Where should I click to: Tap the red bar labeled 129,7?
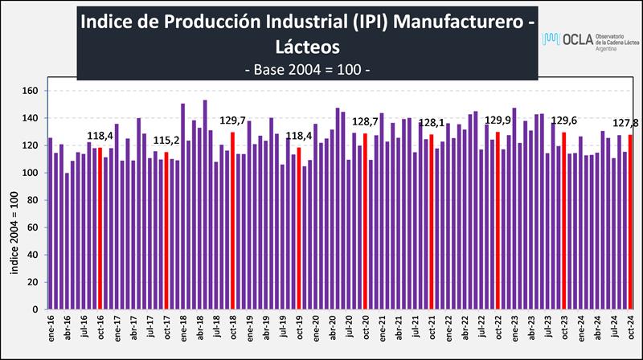(x=232, y=220)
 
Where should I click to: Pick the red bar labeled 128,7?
(x=365, y=221)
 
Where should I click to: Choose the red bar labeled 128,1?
(x=432, y=221)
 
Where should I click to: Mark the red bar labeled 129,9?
(x=498, y=220)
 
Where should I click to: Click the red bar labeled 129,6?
(x=564, y=220)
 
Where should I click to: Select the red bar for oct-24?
(x=630, y=222)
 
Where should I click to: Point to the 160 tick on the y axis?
(x=31, y=91)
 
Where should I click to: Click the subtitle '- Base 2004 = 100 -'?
(x=306, y=69)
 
